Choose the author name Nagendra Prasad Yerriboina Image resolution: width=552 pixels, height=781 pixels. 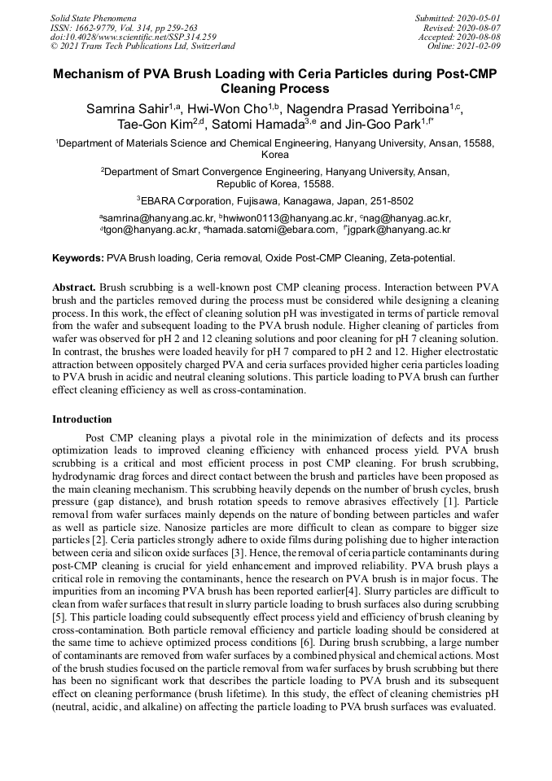click(x=375, y=109)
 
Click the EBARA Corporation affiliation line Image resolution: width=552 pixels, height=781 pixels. click(x=276, y=200)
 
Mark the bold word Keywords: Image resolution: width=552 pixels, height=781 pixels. click(x=78, y=258)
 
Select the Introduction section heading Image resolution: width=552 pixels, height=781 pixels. click(x=82, y=419)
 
